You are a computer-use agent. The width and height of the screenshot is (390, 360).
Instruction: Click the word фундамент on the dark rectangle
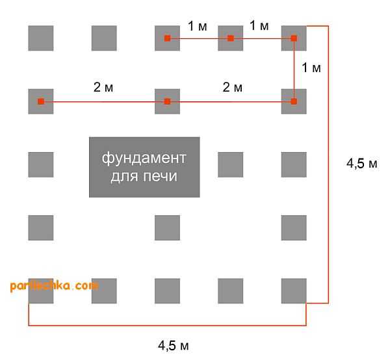click(x=144, y=159)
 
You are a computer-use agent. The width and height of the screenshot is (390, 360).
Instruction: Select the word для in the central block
click(x=124, y=177)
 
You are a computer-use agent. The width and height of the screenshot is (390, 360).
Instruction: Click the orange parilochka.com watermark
click(x=54, y=286)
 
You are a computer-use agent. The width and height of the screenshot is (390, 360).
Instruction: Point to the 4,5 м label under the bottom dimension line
click(x=174, y=346)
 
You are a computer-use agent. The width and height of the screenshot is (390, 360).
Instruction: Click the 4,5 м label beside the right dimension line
click(x=362, y=163)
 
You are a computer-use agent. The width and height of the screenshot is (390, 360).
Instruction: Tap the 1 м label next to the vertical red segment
click(x=311, y=68)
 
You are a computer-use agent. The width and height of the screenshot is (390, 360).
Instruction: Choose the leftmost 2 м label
click(x=103, y=87)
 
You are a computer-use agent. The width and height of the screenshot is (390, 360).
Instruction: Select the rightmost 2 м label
click(x=232, y=87)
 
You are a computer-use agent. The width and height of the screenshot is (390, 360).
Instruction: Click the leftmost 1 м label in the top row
click(x=197, y=26)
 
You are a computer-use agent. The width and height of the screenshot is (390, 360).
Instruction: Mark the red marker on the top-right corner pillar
click(x=294, y=38)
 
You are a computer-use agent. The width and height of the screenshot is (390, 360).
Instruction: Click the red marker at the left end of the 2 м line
click(x=41, y=101)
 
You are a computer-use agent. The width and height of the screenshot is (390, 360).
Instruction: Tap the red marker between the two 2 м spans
click(x=168, y=101)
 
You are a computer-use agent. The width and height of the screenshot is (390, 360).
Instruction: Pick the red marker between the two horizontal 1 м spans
click(x=231, y=38)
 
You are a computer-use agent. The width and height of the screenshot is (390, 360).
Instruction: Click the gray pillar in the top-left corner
click(x=41, y=38)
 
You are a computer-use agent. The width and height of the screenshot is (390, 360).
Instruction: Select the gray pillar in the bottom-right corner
click(x=294, y=291)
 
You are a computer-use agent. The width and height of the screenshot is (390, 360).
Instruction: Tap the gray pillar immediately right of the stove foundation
click(x=231, y=164)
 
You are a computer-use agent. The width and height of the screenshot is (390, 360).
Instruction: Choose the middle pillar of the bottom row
click(x=168, y=291)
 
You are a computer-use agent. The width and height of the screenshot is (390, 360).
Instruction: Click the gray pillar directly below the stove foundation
click(x=168, y=227)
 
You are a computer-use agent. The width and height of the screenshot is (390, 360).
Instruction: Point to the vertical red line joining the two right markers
click(x=294, y=70)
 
